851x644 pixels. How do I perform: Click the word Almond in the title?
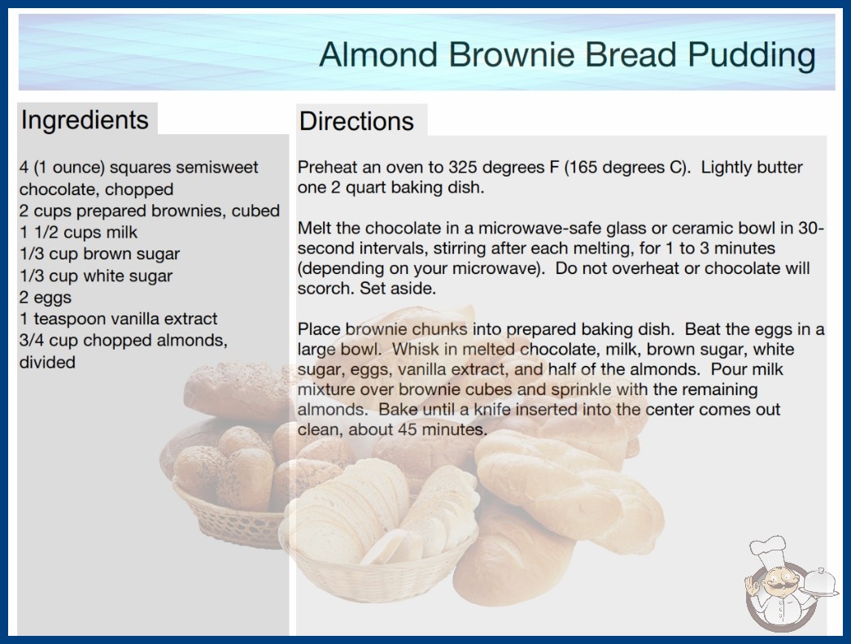point(378,54)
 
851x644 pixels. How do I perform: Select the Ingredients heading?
point(85,120)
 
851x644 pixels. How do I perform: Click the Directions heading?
point(356,121)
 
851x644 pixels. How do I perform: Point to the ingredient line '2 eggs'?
point(46,298)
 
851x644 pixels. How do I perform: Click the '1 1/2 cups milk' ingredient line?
point(79,233)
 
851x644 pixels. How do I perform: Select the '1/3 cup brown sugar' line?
point(100,254)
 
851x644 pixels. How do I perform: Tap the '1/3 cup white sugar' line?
point(96,276)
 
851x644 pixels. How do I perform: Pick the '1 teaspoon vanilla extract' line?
point(118,319)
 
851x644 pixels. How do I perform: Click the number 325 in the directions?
point(462,168)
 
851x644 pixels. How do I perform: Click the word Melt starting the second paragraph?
point(316,228)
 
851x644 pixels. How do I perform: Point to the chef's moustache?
point(778,585)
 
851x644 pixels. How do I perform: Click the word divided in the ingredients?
point(47,362)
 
